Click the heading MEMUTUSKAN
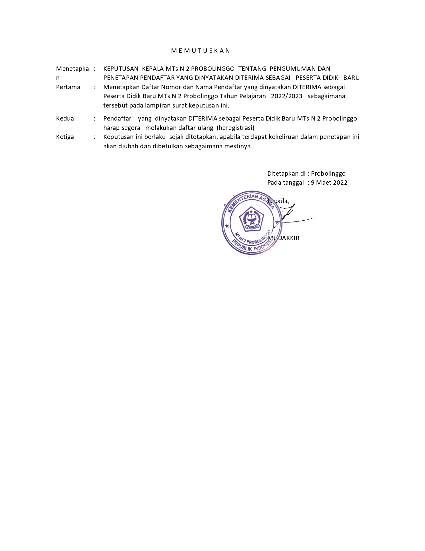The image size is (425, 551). pyautogui.click(x=201, y=51)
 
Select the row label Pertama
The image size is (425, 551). pyautogui.click(x=68, y=87)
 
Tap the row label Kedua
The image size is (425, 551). pyautogui.click(x=65, y=119)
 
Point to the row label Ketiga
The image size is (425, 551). pyautogui.click(x=65, y=137)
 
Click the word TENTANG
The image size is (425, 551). pyautogui.click(x=252, y=69)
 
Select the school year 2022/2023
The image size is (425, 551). pyautogui.click(x=287, y=96)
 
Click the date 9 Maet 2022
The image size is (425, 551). pyautogui.click(x=329, y=183)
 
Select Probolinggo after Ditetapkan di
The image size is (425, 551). pyautogui.click(x=328, y=174)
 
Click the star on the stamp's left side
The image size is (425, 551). pyautogui.click(x=227, y=226)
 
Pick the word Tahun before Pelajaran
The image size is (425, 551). pyautogui.click(x=228, y=96)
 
